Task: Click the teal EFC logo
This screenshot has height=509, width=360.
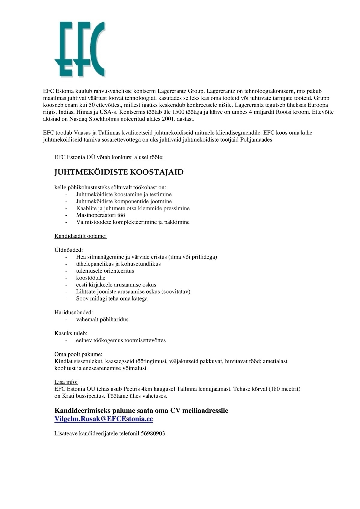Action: (x=80, y=49)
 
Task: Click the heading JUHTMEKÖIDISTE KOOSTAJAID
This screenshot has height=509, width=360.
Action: (x=119, y=172)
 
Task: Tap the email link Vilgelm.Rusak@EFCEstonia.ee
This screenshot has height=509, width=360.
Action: (x=103, y=419)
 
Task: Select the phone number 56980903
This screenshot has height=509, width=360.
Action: (x=153, y=433)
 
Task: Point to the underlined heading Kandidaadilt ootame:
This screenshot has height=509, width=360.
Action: (x=80, y=236)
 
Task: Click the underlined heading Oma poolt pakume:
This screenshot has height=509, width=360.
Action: (x=78, y=354)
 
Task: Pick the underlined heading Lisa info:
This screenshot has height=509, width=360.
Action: (x=66, y=382)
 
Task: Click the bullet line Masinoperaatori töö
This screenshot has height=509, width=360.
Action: (x=100, y=215)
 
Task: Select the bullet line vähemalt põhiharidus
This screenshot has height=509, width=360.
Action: (x=102, y=319)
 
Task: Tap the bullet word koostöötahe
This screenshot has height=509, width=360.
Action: (x=91, y=278)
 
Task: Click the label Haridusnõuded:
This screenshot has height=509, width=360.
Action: (x=73, y=313)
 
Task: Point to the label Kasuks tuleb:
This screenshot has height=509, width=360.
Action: (x=71, y=333)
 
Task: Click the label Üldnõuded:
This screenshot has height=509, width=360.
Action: (x=69, y=250)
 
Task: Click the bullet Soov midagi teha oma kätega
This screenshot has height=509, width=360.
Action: (x=112, y=298)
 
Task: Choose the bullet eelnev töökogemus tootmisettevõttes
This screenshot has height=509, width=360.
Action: (x=121, y=340)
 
